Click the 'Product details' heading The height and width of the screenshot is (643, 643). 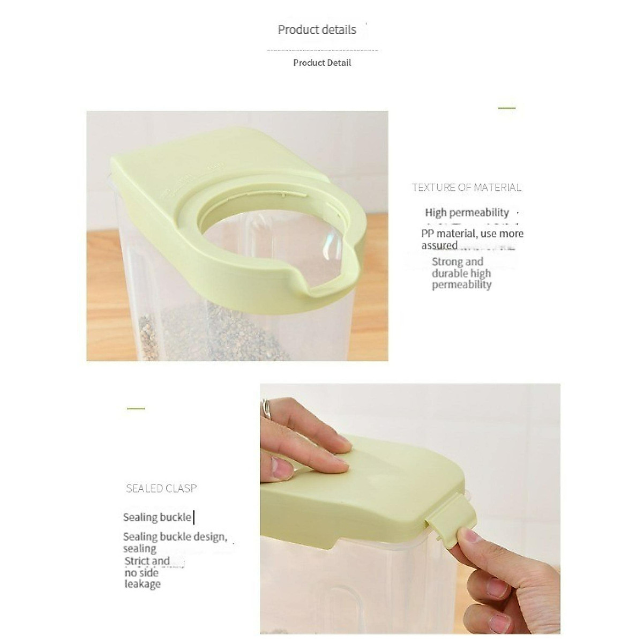pyautogui.click(x=317, y=29)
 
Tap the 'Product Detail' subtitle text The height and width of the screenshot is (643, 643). pyautogui.click(x=322, y=63)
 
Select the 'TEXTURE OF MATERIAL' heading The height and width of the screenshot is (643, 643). pyautogui.click(x=466, y=188)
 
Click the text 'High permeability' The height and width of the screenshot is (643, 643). pyautogui.click(x=466, y=213)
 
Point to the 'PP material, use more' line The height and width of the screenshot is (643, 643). pyautogui.click(x=472, y=234)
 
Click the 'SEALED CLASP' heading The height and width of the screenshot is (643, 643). pyautogui.click(x=161, y=488)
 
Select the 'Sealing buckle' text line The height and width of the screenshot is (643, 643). pyautogui.click(x=156, y=517)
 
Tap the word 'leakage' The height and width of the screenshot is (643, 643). pyautogui.click(x=143, y=584)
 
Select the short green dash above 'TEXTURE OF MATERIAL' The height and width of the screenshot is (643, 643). pyautogui.click(x=506, y=108)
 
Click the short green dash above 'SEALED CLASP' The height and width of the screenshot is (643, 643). pyautogui.click(x=136, y=408)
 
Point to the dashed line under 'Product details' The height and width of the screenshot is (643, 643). pyautogui.click(x=322, y=50)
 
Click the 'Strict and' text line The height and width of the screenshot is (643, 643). pyautogui.click(x=147, y=561)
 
